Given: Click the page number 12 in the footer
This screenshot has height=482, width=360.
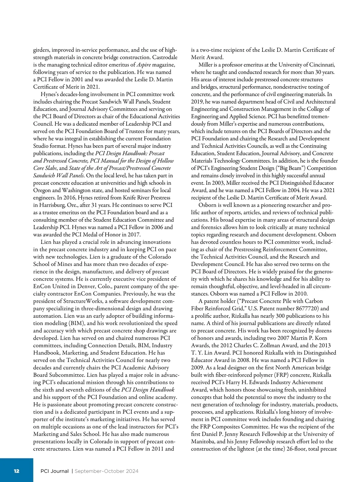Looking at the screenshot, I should pos(16,471).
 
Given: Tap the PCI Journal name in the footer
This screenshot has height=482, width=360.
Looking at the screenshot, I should pos(54,471).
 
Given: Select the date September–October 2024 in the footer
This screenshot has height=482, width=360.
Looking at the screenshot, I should pos(106,471).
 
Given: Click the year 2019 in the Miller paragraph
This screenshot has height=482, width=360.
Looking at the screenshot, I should pos(197,102).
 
